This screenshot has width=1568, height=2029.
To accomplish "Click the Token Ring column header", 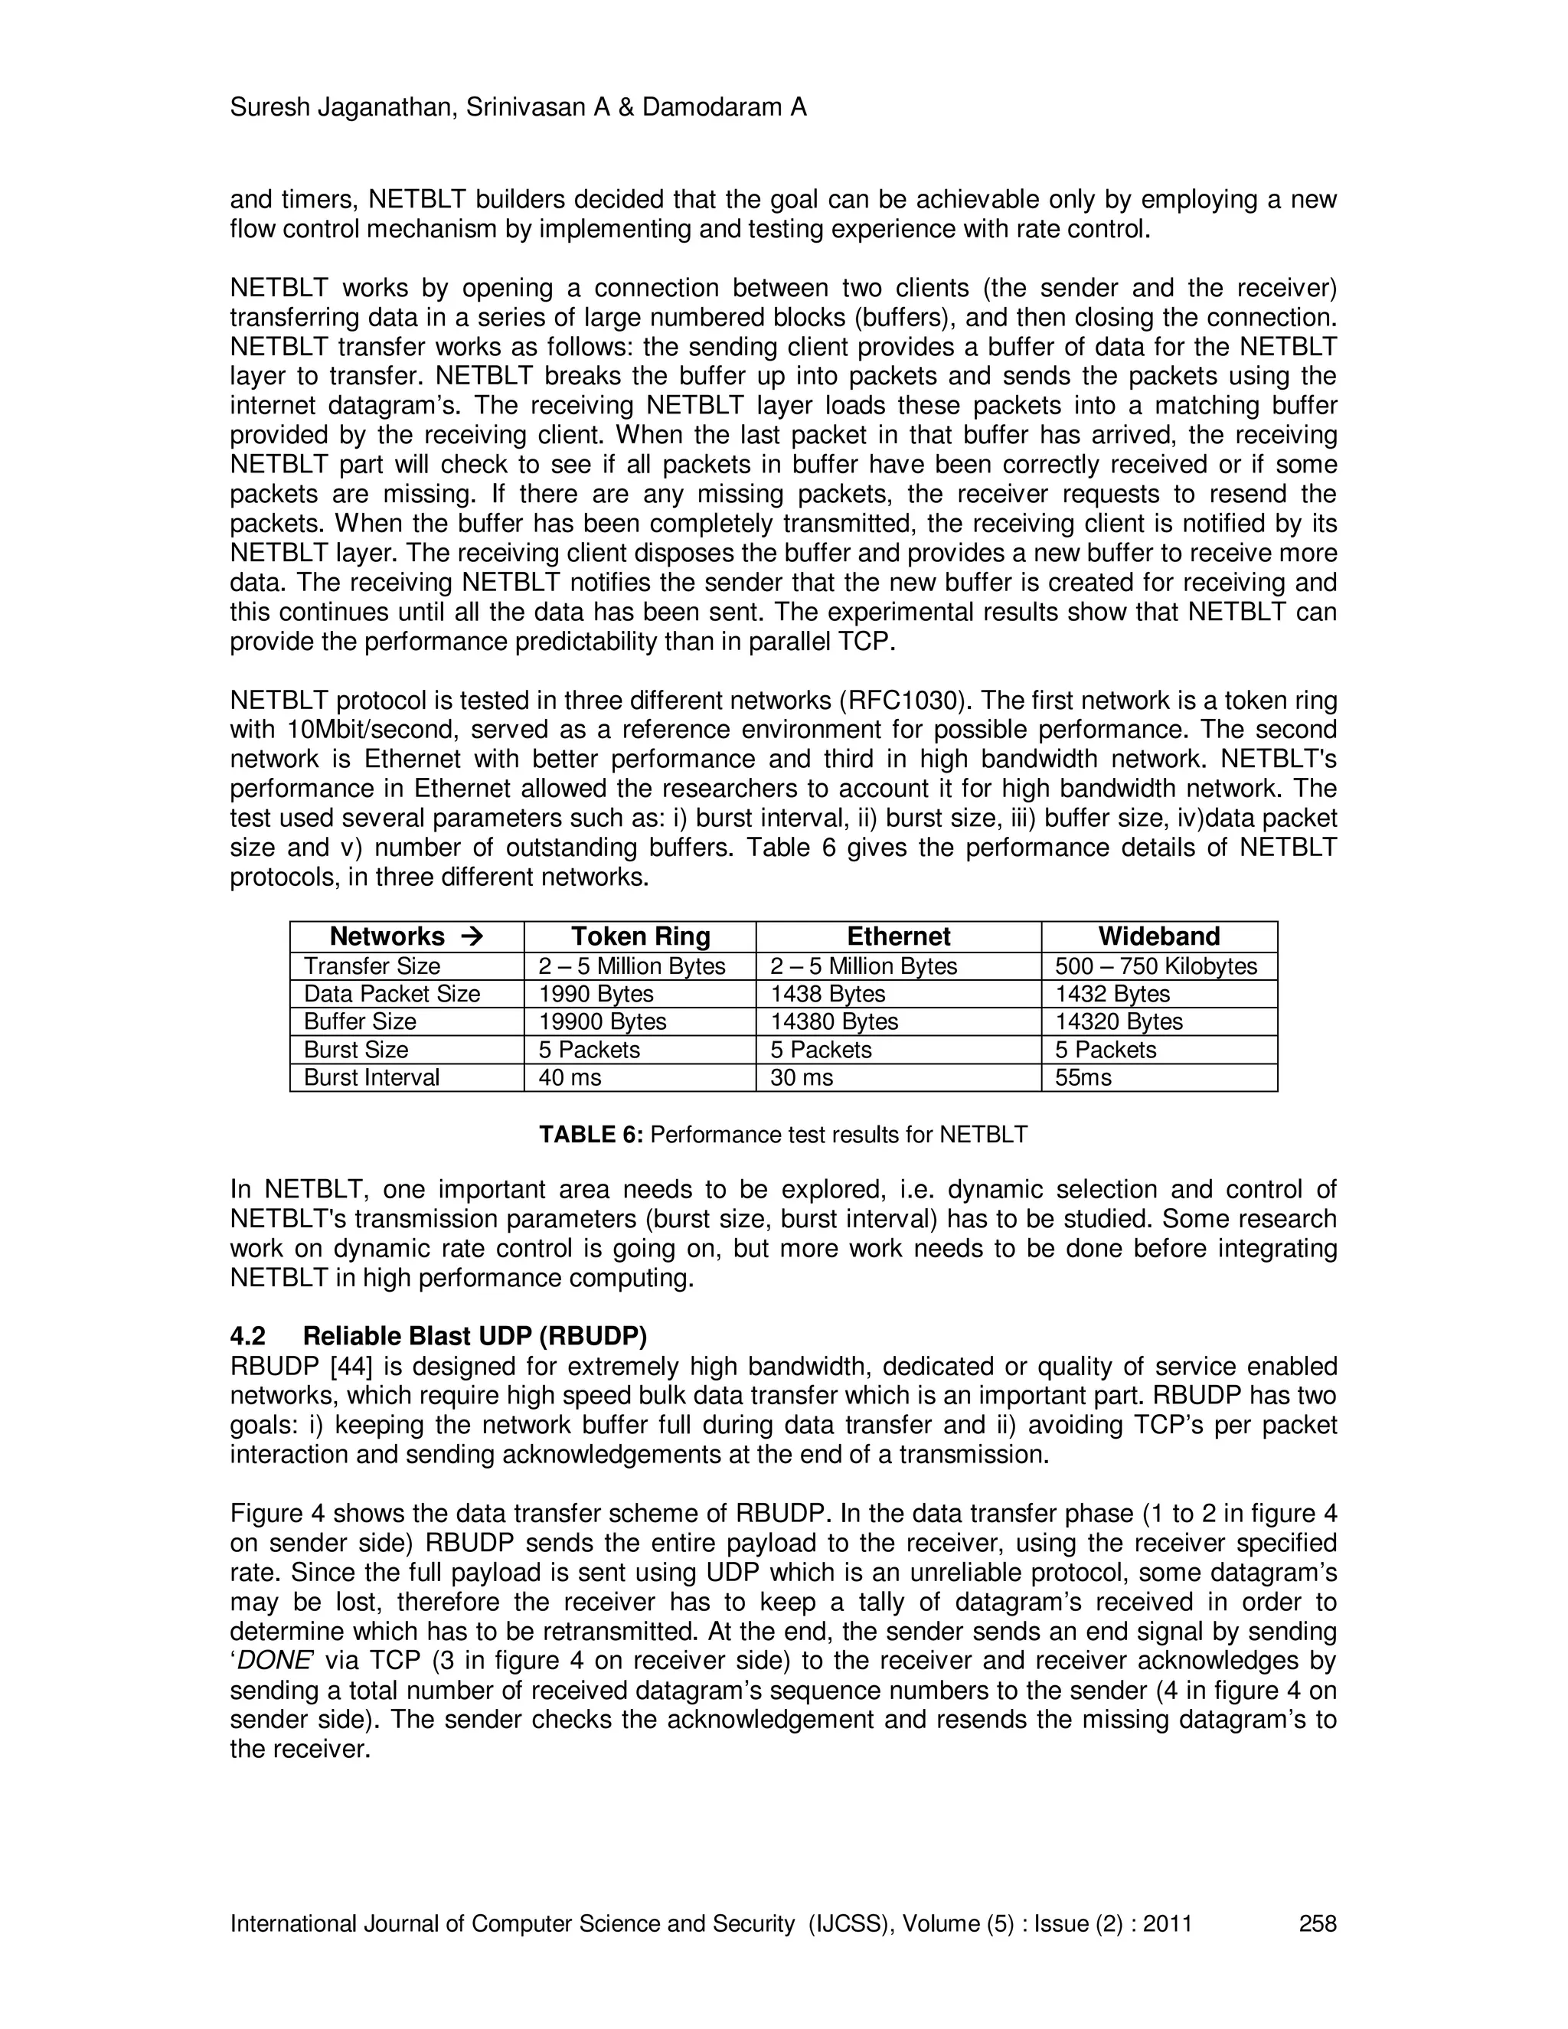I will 640,936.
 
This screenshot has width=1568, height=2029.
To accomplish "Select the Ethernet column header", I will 898,936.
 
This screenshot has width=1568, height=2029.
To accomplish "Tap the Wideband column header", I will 1158,936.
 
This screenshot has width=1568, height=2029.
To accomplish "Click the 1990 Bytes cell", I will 596,994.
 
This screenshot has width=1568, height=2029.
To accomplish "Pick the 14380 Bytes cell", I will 835,1022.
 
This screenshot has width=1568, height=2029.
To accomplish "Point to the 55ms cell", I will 1083,1078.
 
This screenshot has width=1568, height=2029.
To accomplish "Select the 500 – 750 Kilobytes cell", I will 1155,966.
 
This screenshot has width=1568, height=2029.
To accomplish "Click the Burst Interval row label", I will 371,1078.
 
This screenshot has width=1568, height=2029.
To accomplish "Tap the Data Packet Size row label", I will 391,994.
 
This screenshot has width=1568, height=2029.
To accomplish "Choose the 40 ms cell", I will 570,1078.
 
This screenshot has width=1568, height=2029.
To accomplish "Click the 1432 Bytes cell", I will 1112,994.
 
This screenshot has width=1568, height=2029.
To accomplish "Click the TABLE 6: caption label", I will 591,1135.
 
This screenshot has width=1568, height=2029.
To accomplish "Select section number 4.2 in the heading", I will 248,1336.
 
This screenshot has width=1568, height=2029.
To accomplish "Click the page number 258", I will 1317,1923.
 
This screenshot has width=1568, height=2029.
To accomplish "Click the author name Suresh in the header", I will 269,108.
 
